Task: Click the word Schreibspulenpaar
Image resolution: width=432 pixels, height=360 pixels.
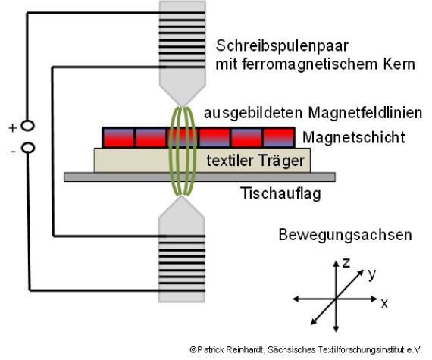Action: point(282,46)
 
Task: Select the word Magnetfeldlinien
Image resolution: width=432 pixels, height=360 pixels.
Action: point(365,112)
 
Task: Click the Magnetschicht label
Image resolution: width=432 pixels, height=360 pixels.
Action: point(354,137)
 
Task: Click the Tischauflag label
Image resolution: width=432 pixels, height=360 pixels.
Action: point(280,193)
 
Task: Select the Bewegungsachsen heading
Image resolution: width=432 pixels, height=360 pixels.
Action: point(345,235)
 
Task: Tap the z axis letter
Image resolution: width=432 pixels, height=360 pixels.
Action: point(346,263)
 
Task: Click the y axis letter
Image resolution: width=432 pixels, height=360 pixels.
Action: point(371,274)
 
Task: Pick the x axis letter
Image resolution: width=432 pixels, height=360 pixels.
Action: point(384,303)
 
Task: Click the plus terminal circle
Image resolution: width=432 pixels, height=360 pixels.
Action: point(27,126)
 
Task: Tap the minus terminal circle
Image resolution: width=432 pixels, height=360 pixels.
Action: point(28,148)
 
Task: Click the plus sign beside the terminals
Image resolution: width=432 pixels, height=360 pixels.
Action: point(13,128)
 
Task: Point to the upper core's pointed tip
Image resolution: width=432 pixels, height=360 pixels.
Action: point(182,106)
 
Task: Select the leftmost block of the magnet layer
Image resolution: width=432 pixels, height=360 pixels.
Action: point(118,137)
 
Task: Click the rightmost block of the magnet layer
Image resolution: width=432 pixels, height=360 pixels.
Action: point(278,137)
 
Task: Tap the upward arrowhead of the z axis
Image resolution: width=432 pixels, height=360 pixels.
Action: point(336,263)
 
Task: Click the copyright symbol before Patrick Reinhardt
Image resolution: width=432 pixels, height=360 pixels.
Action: point(193,350)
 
